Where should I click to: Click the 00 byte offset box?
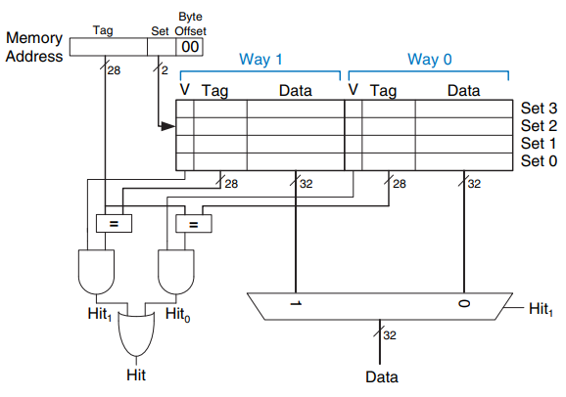coord(189,47)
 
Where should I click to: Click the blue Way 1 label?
coord(260,59)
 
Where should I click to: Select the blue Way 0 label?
coord(430,59)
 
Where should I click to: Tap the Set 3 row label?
coord(539,109)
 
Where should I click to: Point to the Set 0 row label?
coord(539,160)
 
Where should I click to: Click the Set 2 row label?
coord(539,126)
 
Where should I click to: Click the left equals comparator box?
coord(114,224)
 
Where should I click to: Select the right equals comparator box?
coord(194,224)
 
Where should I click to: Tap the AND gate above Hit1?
coord(96,272)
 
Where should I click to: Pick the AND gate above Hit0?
coord(176,272)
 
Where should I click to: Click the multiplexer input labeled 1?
coord(296,303)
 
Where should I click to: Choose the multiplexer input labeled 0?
coord(464,303)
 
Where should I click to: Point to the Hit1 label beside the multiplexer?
coord(541,309)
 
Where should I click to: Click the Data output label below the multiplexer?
coord(382,377)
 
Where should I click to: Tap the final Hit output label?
coord(136,375)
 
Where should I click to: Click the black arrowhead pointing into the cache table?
coord(168,126)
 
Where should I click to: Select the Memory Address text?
coord(34,47)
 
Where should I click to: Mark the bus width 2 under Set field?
coord(165,70)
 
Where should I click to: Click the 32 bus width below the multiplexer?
coord(390,335)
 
